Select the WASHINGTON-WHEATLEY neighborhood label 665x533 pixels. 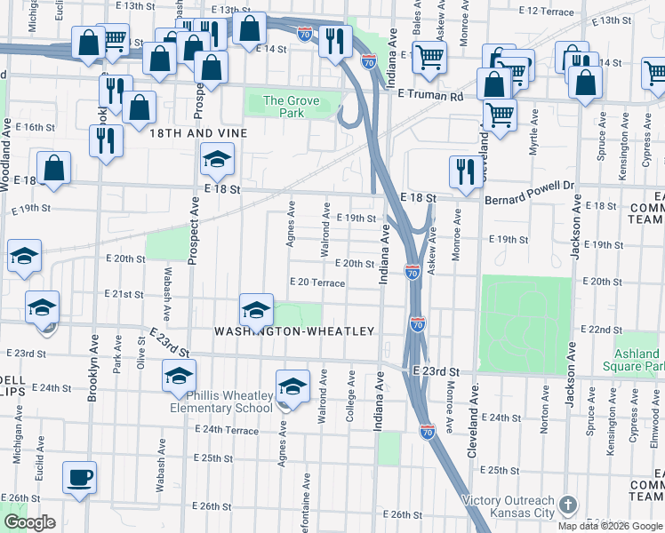point(294,331)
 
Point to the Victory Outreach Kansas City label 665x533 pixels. point(509,506)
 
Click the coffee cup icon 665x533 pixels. point(79,477)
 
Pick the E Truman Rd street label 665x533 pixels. point(430,95)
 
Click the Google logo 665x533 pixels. point(29,522)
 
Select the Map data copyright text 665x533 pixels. point(609,526)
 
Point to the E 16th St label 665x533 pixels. point(35,127)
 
